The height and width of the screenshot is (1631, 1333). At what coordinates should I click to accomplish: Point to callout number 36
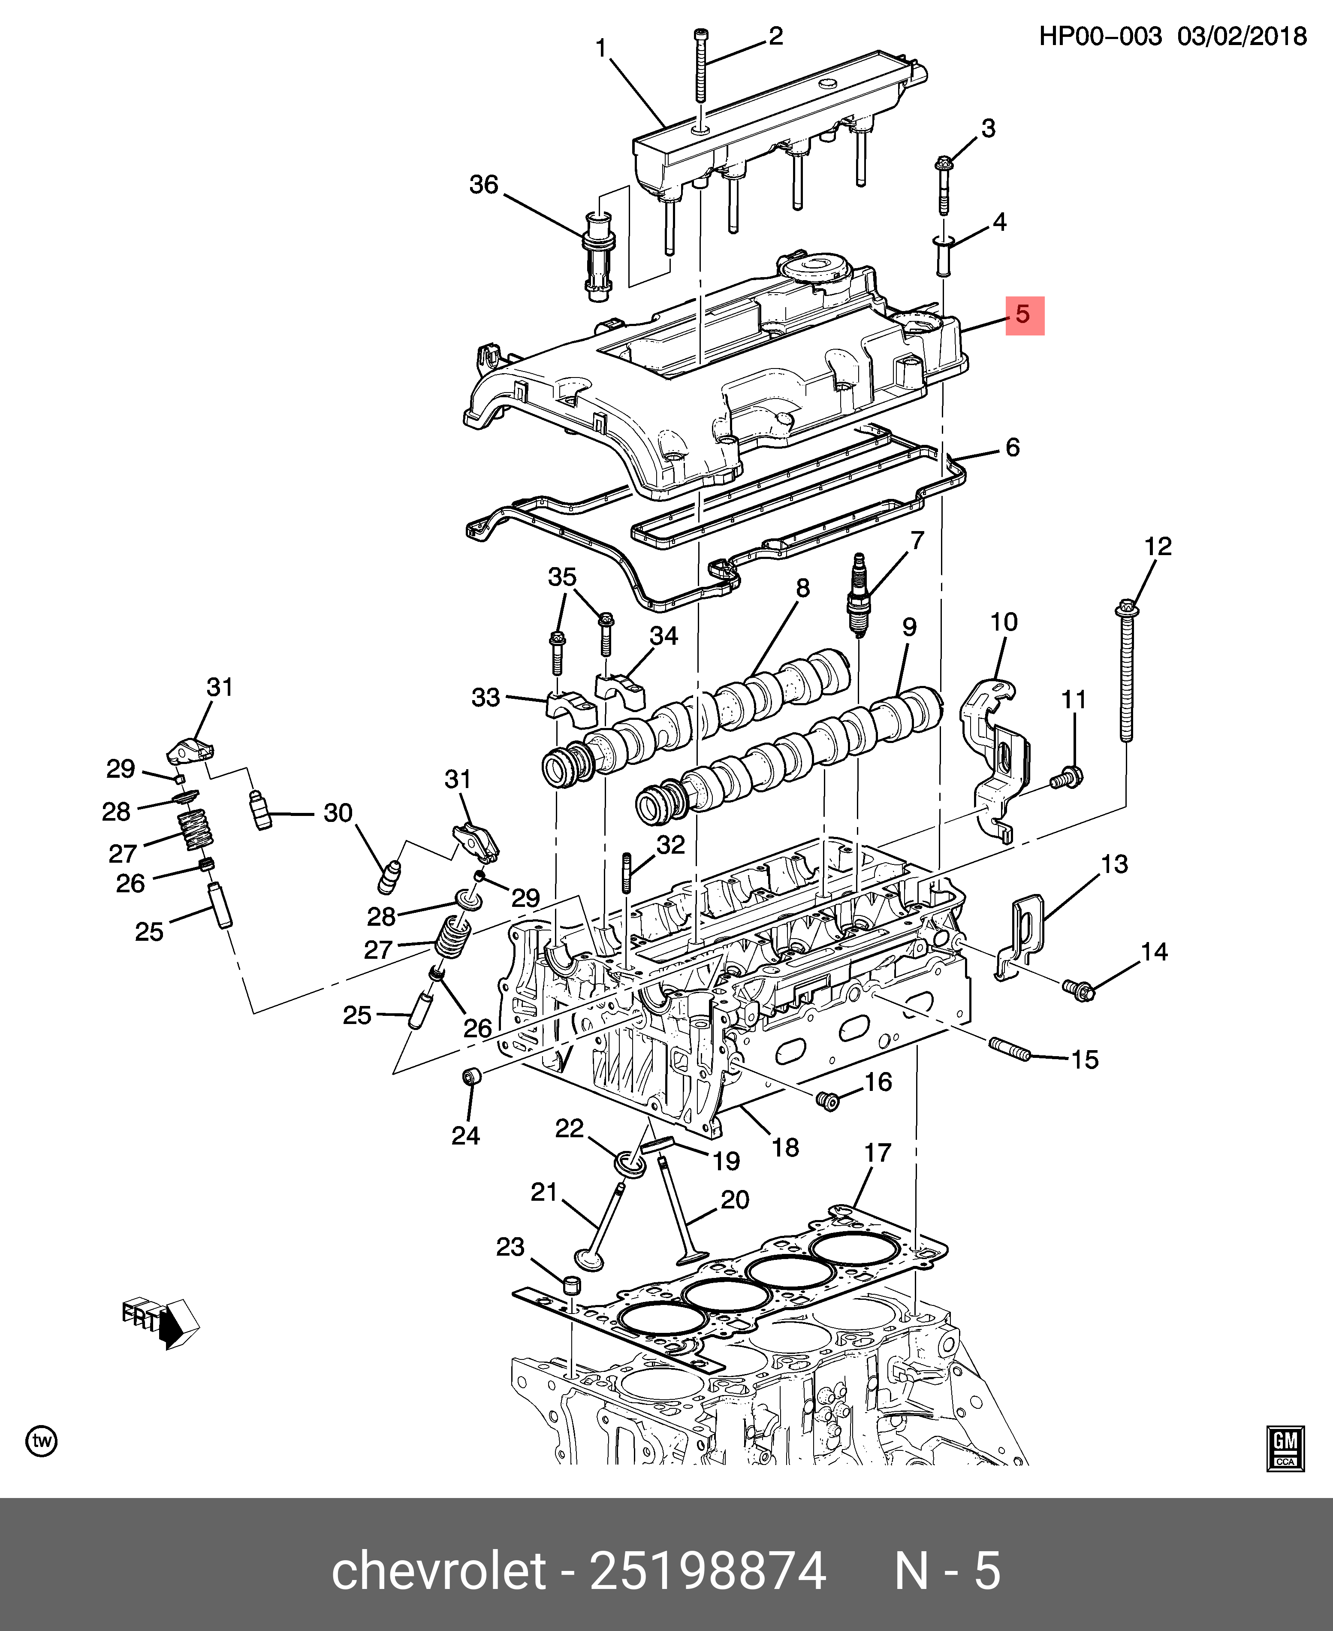[x=484, y=184]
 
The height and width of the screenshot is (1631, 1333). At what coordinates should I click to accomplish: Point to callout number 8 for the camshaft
[x=802, y=588]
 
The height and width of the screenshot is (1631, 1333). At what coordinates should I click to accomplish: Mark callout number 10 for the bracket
[x=1004, y=622]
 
